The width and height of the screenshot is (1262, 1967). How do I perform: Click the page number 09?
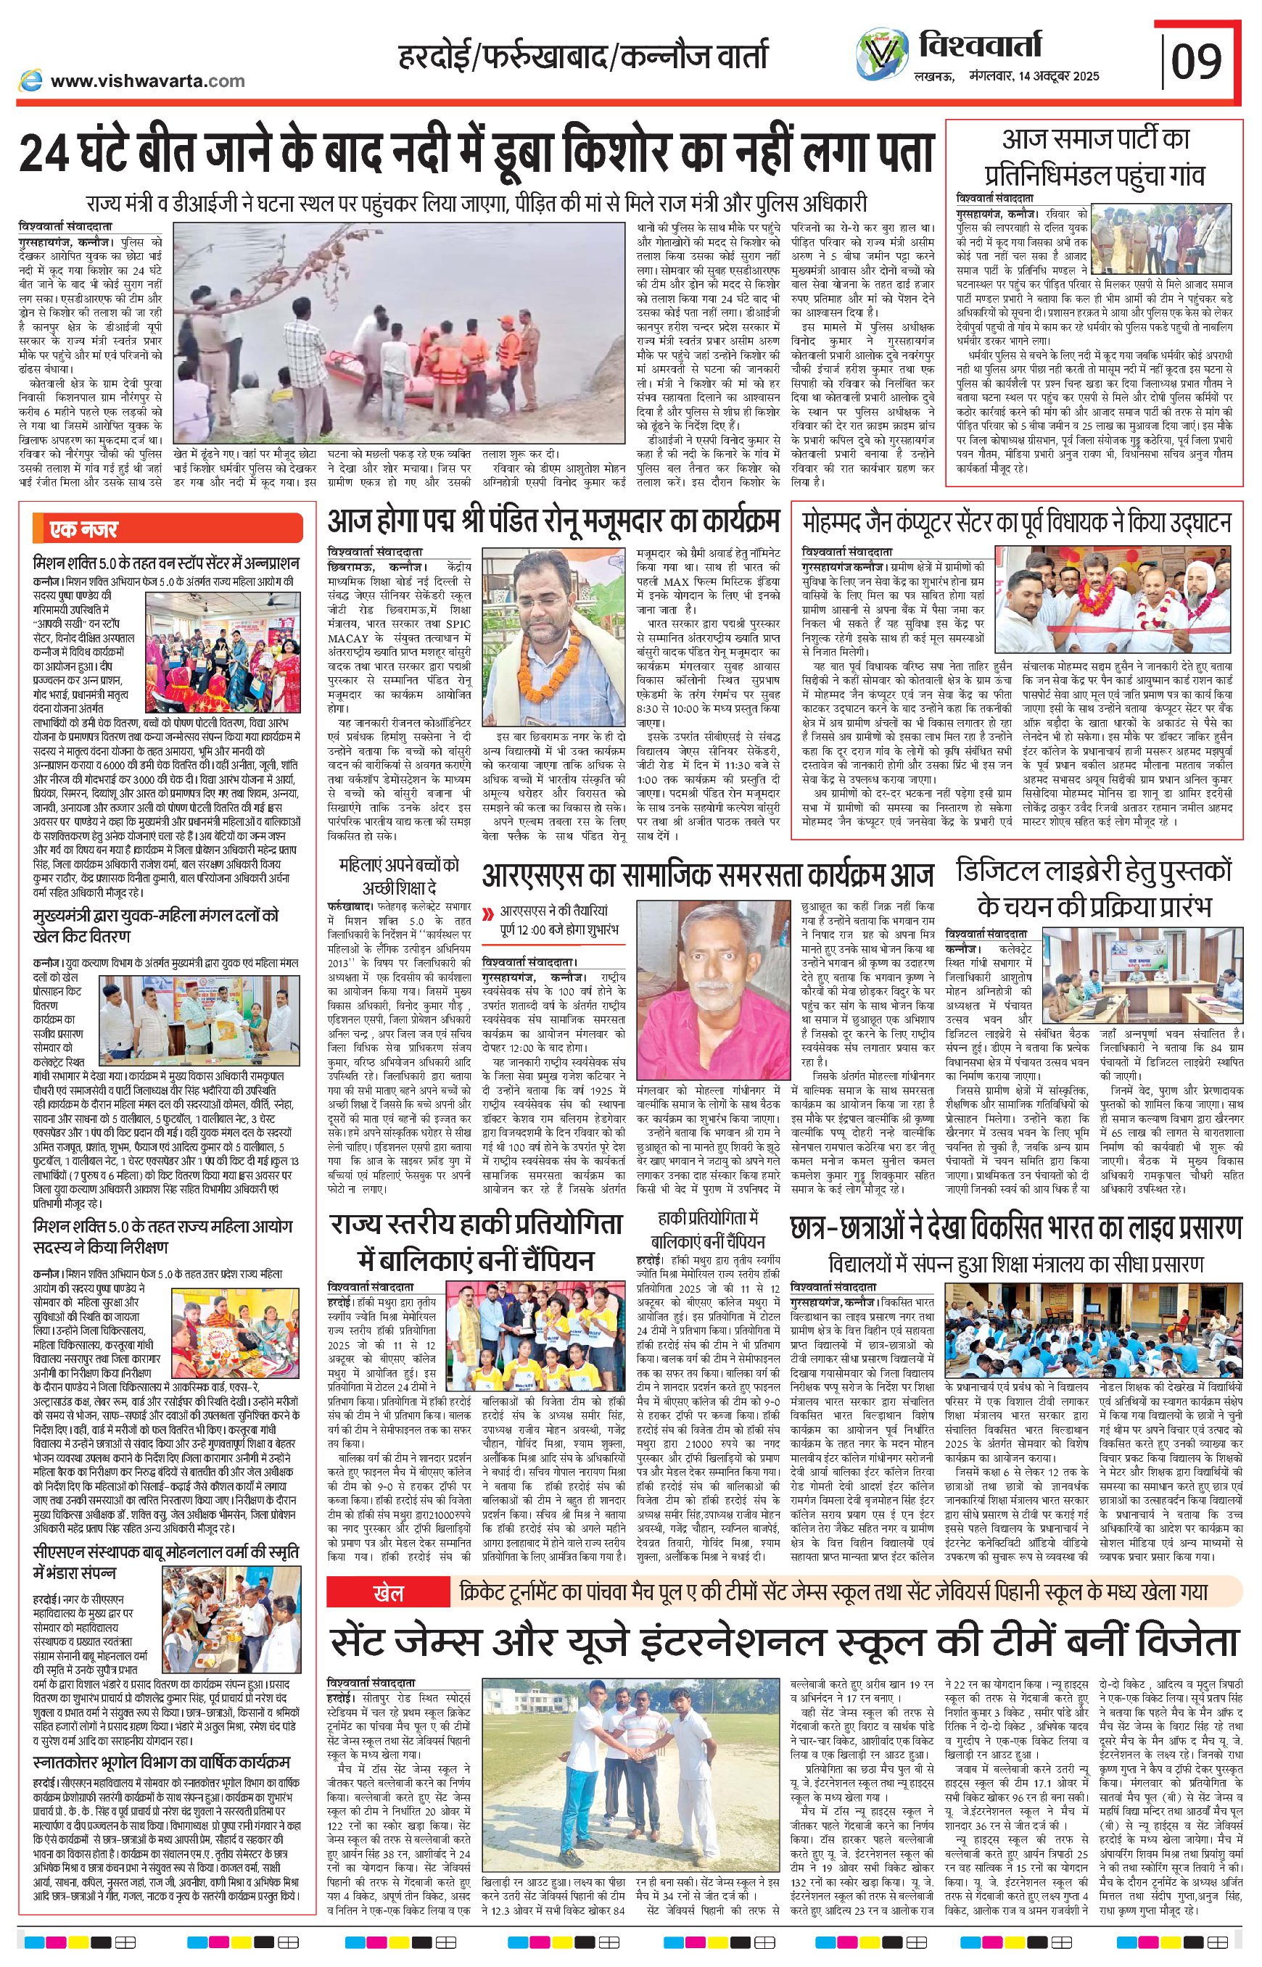(1197, 61)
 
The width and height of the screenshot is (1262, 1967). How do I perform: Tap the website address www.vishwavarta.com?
(147, 80)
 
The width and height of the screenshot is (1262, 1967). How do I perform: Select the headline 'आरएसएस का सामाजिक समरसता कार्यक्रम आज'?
(707, 875)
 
